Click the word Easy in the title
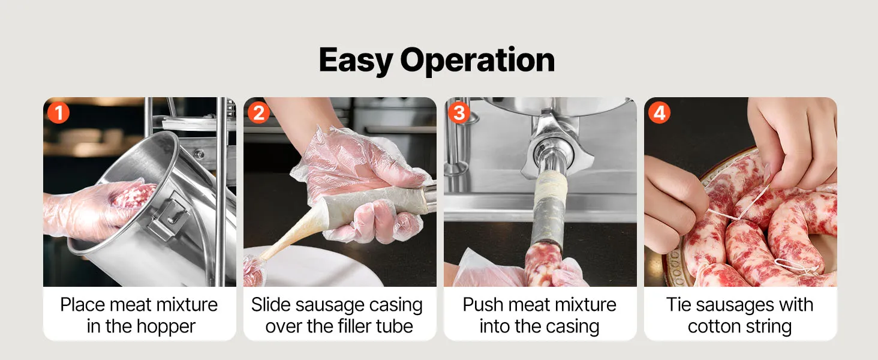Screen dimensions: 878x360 pos(356,60)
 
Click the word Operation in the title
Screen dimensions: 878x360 pos(477,59)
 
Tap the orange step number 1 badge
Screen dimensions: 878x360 pos(58,113)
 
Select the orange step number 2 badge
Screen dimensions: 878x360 pos(258,113)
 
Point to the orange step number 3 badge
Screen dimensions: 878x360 pos(459,113)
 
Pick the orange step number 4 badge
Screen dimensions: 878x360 pos(659,113)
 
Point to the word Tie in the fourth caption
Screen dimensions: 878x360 pos(679,305)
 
